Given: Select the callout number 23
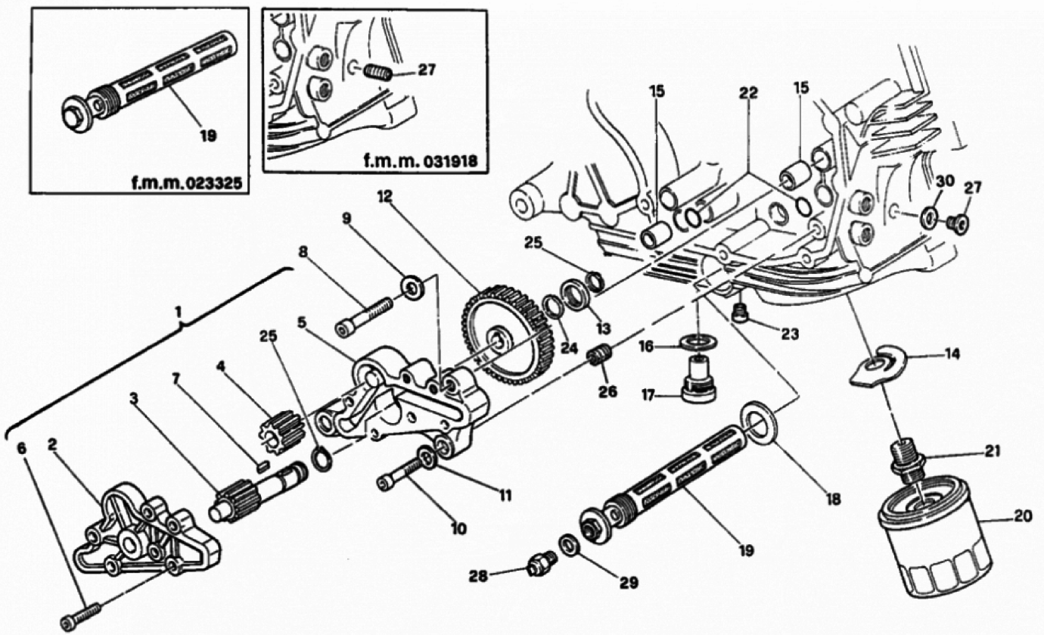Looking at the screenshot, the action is tap(790, 334).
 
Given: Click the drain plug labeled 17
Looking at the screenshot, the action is tap(698, 383).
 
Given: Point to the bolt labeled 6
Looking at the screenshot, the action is tap(81, 615).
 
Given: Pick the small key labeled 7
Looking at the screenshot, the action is tap(263, 465).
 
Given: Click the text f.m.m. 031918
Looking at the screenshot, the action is tap(421, 161).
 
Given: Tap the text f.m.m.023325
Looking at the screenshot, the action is tap(186, 183).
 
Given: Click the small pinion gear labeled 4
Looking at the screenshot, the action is tap(281, 430).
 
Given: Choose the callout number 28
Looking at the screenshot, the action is tap(478, 576).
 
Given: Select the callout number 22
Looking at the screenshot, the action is tap(748, 93).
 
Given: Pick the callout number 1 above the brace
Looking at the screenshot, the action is tap(178, 313).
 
